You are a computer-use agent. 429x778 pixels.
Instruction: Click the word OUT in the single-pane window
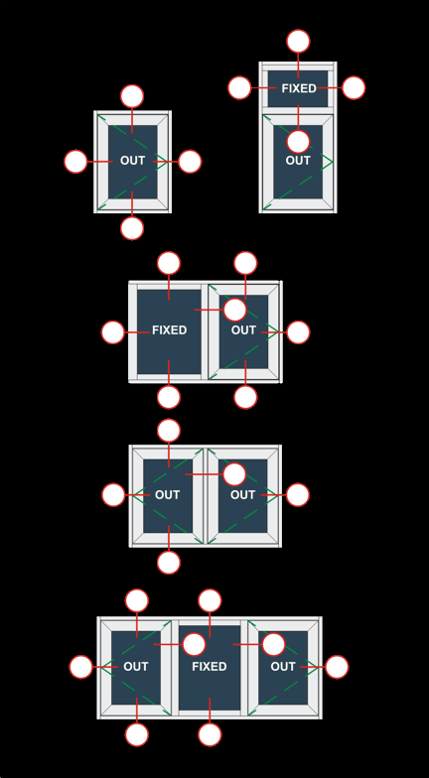133,161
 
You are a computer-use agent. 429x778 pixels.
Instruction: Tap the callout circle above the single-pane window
132,96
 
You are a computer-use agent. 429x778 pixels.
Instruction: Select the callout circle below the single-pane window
132,228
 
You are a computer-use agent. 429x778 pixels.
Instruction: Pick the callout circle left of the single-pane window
75,162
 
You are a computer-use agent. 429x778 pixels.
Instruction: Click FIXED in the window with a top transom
299,88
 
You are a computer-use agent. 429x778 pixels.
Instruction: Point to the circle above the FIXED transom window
298,41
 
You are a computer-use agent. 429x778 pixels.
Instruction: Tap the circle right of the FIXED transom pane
354,87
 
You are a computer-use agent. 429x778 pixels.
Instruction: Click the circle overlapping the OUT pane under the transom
298,142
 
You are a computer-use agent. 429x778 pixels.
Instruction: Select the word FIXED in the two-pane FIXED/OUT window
169,330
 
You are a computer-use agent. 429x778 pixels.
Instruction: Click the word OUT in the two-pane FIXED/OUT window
243,330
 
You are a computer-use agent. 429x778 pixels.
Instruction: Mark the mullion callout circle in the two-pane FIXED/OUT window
234,310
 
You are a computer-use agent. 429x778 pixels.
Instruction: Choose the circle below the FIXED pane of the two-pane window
169,397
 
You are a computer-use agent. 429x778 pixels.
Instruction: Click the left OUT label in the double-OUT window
167,495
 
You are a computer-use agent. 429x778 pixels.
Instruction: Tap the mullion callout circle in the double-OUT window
234,474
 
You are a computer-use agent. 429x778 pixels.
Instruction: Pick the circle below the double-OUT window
169,563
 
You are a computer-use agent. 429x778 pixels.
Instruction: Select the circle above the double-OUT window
169,431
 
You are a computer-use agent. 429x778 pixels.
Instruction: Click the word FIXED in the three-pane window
210,667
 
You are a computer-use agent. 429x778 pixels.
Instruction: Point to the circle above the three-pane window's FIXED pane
210,600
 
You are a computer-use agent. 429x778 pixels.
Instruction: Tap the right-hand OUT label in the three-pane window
283,667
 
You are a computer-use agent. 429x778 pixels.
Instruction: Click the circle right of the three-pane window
338,667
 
